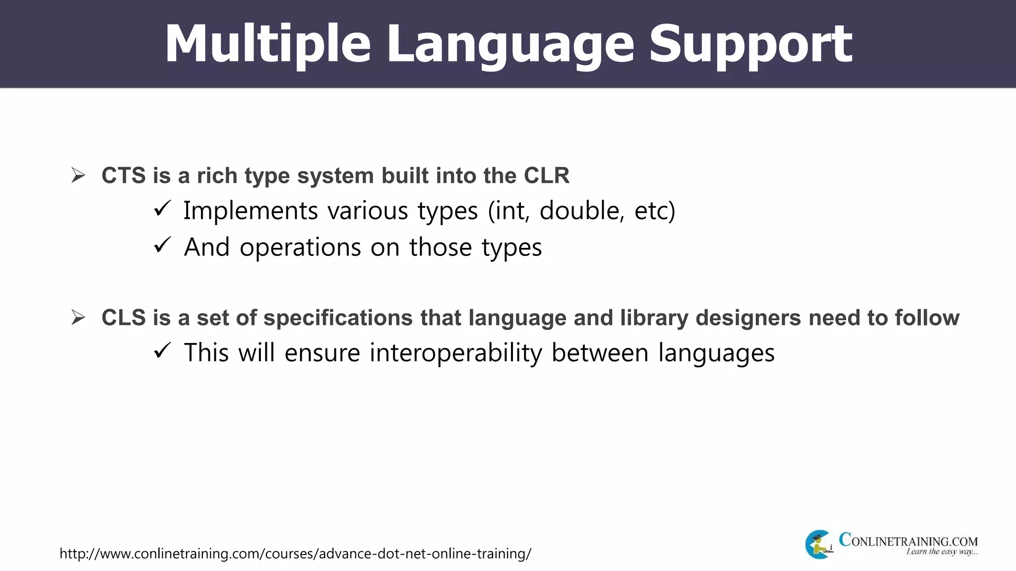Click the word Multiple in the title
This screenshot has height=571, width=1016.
[267, 45]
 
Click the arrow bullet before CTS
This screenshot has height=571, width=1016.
[78, 175]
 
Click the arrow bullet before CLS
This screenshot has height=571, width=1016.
[78, 317]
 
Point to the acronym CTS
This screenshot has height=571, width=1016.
[124, 176]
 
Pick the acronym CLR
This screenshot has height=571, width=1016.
[547, 176]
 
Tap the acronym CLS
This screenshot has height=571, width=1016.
[124, 318]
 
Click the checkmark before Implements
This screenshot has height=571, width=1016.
[162, 209]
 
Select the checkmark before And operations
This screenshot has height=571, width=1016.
[162, 245]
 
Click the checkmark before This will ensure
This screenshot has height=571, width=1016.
[162, 351]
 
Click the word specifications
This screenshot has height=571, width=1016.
[338, 318]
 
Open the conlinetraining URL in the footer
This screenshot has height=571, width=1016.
[295, 553]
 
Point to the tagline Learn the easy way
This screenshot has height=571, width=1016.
[941, 552]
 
